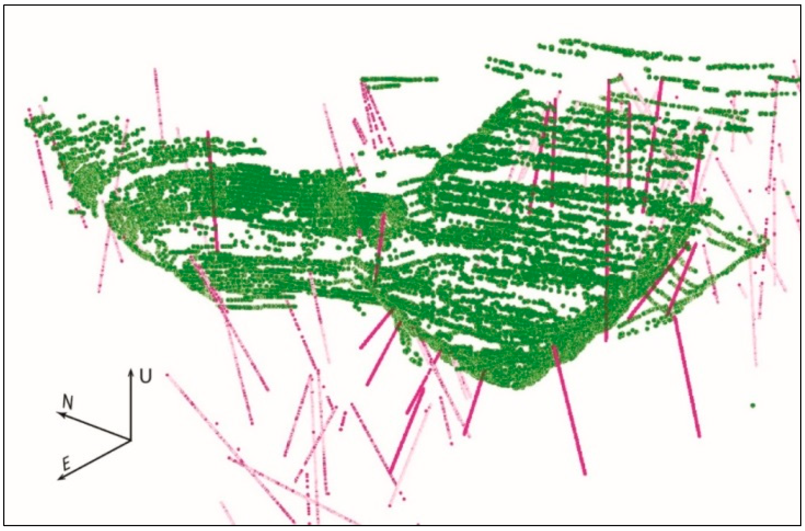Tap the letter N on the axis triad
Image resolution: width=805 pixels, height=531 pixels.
click(x=69, y=403)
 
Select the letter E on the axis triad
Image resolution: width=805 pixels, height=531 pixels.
click(x=67, y=464)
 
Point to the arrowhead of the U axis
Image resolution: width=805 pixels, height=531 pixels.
click(x=130, y=370)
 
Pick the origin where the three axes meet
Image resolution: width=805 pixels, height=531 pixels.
click(x=130, y=440)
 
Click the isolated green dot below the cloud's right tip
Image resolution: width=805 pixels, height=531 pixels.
click(x=753, y=405)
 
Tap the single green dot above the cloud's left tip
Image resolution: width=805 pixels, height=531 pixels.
click(x=45, y=99)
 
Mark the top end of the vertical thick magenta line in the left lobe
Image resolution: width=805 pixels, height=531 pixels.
click(x=208, y=132)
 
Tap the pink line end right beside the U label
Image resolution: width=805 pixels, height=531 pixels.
click(x=167, y=375)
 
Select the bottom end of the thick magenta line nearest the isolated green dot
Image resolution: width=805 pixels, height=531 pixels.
click(x=699, y=436)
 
